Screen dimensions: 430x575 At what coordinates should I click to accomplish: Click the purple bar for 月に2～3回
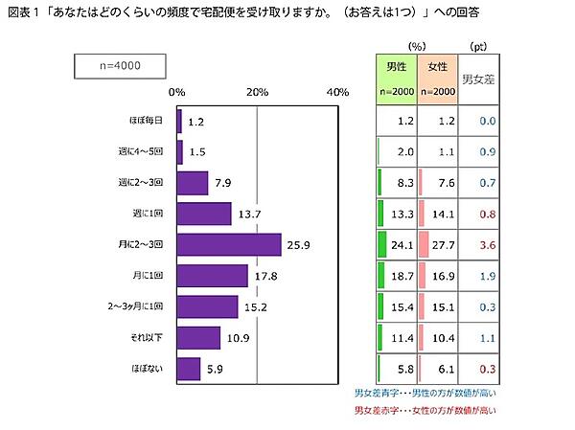tap(229, 244)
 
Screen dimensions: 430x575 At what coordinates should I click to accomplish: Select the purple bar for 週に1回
tap(204, 214)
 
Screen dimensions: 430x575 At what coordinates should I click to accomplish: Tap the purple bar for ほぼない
tap(189, 368)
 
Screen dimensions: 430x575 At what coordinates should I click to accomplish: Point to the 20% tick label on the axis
tap(257, 92)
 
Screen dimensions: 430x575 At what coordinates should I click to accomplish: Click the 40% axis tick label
tap(337, 92)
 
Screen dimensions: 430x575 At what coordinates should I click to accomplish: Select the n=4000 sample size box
tap(121, 66)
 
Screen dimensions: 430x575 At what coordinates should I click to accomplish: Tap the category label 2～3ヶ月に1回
tap(136, 306)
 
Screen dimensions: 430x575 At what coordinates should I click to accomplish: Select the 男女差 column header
tap(479, 79)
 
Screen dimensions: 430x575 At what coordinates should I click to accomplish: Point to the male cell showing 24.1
tap(401, 244)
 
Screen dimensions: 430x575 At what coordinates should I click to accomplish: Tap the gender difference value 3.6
tap(486, 244)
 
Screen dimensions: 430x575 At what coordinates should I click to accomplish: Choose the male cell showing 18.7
tap(401, 276)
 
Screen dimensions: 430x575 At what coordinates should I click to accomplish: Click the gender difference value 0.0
tap(486, 121)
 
